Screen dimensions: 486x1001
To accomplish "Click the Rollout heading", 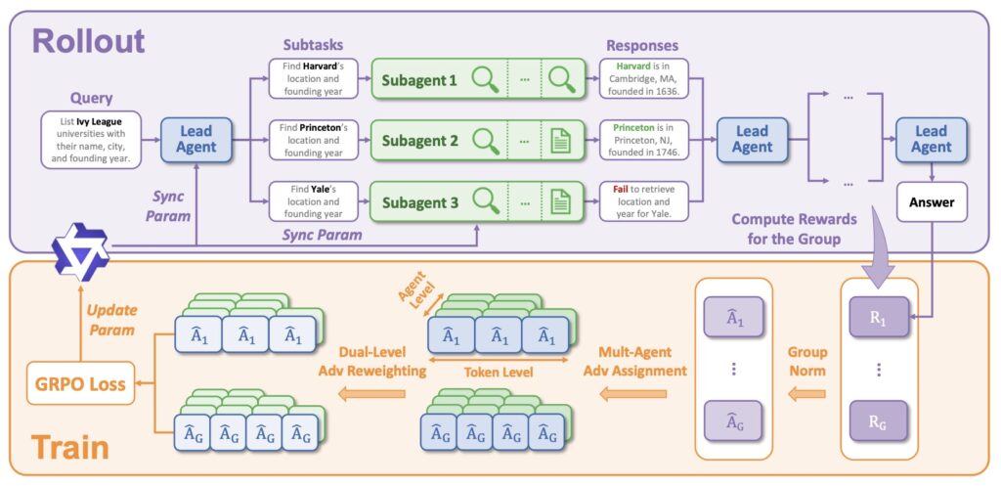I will point(88,41).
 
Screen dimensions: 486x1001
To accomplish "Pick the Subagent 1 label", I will point(418,79).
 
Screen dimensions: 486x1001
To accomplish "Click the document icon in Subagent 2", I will point(560,140).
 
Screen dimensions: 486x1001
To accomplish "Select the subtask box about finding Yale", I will point(311,201).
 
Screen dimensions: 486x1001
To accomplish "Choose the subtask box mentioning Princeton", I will point(311,140).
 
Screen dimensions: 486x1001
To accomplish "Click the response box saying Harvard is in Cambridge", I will point(644,79).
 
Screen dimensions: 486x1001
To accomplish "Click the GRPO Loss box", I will point(81,384).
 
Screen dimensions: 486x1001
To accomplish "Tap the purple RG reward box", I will point(877,421).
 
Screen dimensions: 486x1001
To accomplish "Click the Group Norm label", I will point(806,361).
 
